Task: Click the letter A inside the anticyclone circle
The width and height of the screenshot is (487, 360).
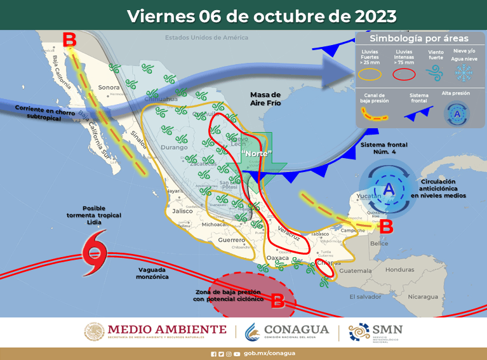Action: point(388,189)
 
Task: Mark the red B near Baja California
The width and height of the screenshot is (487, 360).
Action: point(70,40)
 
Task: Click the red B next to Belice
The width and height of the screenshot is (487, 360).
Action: point(386,225)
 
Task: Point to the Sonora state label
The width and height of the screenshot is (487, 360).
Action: point(109,88)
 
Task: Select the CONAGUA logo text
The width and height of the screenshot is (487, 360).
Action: point(297,330)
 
